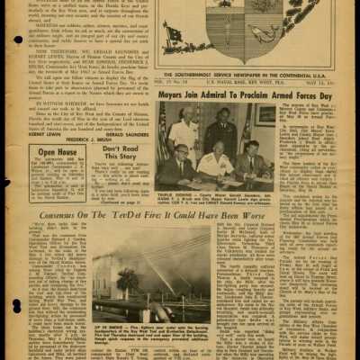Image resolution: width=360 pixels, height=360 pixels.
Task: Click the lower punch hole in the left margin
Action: pyautogui.click(x=19, y=342)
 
